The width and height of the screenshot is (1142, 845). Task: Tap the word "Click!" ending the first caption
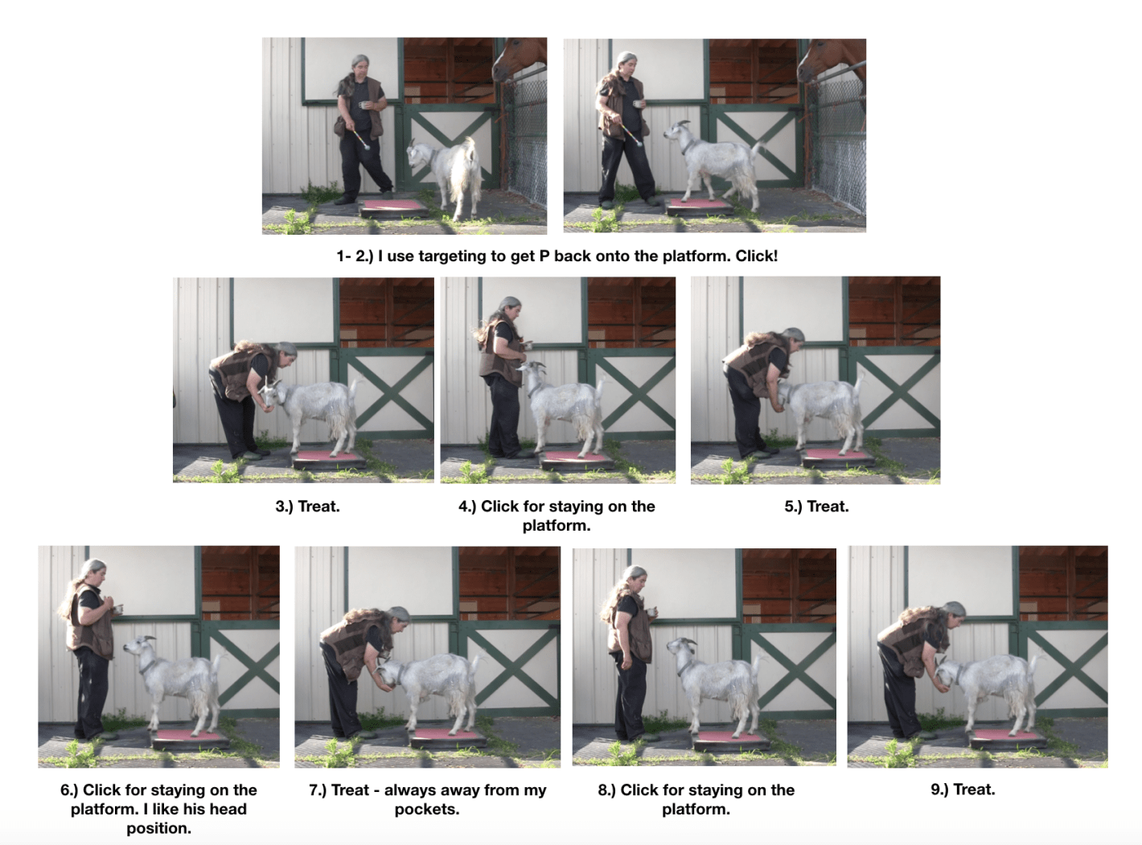(x=756, y=256)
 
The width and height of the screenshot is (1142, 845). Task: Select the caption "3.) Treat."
(x=307, y=507)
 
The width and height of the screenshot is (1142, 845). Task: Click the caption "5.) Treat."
(x=816, y=507)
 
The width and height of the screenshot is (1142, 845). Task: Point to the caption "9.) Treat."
(x=963, y=790)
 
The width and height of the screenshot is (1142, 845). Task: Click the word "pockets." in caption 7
(x=427, y=810)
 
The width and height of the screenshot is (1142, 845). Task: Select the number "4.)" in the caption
(x=467, y=507)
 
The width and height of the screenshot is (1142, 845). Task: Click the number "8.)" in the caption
(x=606, y=790)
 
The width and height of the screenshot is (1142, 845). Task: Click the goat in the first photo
(x=446, y=173)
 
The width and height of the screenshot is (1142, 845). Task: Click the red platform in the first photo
(x=394, y=207)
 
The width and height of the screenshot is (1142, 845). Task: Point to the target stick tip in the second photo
(x=639, y=142)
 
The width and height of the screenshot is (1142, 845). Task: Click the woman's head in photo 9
(x=953, y=613)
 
